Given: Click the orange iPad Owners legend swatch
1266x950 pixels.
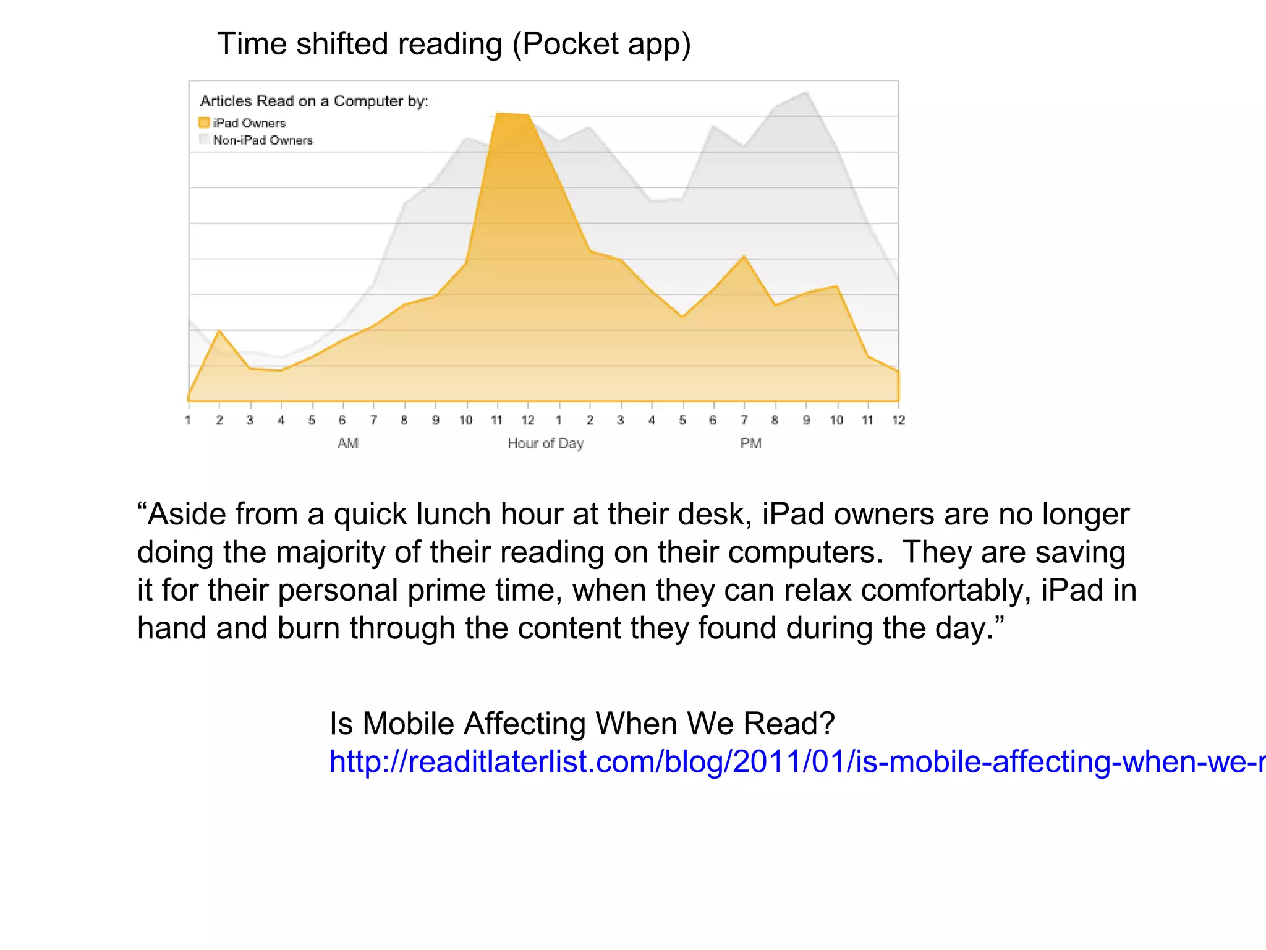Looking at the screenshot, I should click(204, 122).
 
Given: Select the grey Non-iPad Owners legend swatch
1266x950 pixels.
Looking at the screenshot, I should click(204, 139).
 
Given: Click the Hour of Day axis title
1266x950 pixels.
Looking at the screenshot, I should click(545, 443).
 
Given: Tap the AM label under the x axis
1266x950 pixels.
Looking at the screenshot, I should click(347, 443).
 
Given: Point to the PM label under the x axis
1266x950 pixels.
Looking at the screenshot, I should click(750, 443).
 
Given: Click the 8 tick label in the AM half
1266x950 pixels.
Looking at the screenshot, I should click(404, 421).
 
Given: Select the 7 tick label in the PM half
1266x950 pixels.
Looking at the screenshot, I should click(744, 421).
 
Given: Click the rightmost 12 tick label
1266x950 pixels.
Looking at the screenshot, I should click(898, 421).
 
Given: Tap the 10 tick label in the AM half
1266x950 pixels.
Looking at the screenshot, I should click(465, 421).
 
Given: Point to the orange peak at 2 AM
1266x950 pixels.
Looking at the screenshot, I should click(219, 331).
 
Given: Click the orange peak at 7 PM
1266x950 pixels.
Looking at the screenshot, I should click(744, 257).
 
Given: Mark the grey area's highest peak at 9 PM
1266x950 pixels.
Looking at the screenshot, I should click(807, 92).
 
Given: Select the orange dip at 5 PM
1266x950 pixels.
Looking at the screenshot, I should click(682, 317).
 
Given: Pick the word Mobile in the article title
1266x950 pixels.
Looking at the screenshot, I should click(408, 724).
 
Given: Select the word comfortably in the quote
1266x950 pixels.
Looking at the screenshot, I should click(946, 591).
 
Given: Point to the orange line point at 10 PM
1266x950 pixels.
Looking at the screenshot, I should click(837, 286).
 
